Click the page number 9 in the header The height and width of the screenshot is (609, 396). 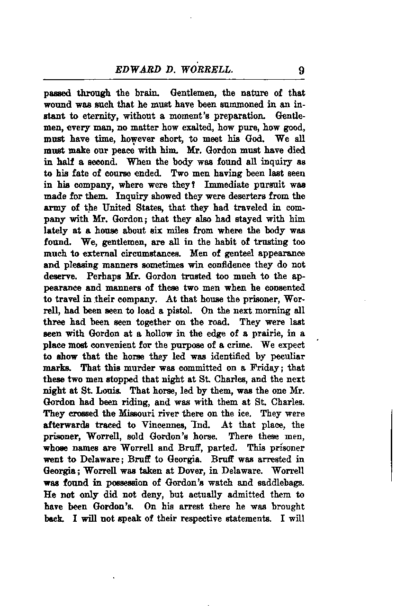point(301,71)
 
